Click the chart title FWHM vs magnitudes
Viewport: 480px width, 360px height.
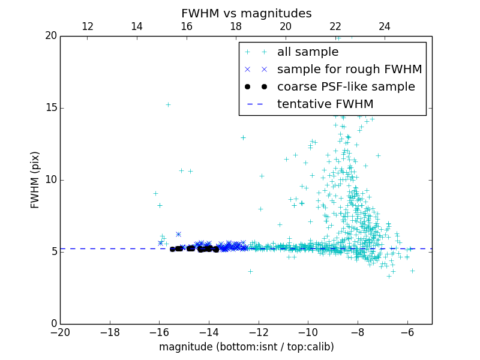[246, 13]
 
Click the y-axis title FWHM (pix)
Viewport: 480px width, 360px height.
[35, 179]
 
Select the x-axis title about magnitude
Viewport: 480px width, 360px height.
[246, 347]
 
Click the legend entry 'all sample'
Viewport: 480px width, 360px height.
[308, 52]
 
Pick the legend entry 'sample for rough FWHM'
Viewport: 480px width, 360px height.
[349, 70]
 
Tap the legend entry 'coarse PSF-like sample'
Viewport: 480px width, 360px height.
[346, 87]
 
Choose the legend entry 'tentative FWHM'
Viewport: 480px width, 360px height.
[325, 104]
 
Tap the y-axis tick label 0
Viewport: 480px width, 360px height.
[53, 324]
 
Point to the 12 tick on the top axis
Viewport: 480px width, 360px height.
[87, 26]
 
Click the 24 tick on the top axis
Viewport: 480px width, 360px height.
[385, 26]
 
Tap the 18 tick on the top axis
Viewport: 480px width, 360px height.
[236, 26]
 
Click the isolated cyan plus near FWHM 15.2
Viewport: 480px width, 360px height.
[168, 104]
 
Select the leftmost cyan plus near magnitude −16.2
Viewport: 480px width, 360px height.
[155, 193]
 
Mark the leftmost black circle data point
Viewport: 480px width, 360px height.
[172, 249]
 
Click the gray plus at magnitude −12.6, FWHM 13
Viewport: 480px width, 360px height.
[243, 137]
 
